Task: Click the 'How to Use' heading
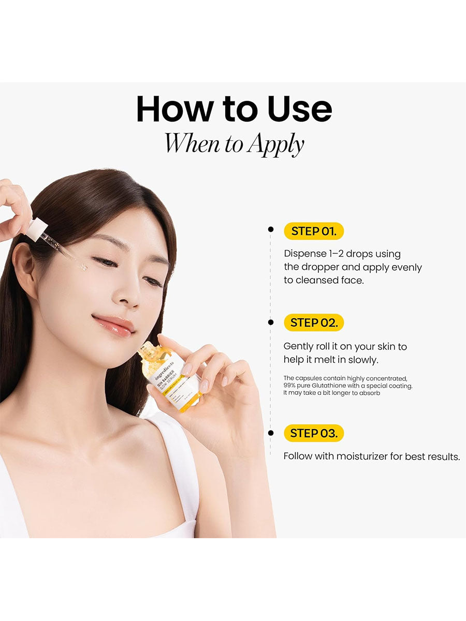pos(234,110)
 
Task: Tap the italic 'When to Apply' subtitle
pos(234,144)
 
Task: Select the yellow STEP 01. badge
pos(313,231)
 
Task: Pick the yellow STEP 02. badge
pos(313,322)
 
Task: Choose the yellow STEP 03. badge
pos(313,433)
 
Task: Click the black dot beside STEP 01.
pos(270,229)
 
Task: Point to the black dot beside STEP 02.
pos(270,322)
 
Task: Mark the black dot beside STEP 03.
pos(270,433)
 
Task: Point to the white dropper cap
pos(36,228)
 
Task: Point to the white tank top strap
pos(179,466)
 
